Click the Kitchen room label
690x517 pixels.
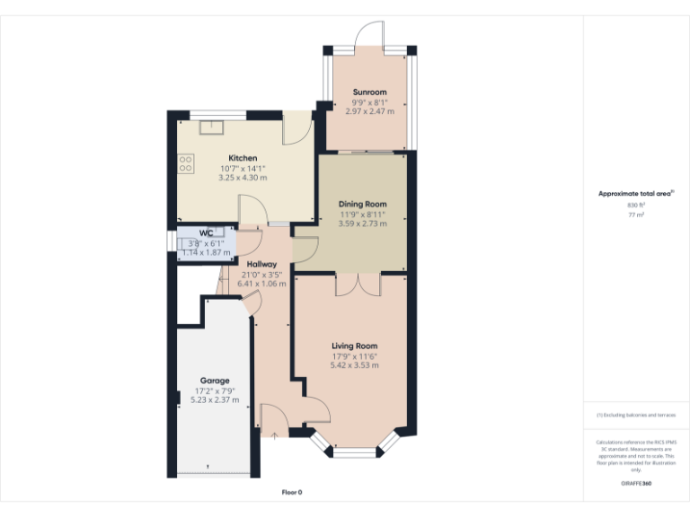coord(243,158)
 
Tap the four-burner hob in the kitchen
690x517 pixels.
coord(186,163)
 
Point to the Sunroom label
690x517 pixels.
coord(369,92)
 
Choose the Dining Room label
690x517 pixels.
coord(362,204)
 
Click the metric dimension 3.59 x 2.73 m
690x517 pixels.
coord(362,223)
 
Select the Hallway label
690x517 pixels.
coord(261,263)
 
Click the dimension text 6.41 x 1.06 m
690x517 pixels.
coord(261,284)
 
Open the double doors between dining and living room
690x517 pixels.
coord(358,285)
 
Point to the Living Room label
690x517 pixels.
coord(354,346)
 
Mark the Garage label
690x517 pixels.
coord(215,380)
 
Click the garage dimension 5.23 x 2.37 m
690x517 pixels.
coord(215,400)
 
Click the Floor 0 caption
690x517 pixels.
coord(292,492)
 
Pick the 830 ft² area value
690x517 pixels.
coord(636,206)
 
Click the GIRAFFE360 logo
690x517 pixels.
coord(636,484)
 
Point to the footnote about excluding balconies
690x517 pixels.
coord(636,415)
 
